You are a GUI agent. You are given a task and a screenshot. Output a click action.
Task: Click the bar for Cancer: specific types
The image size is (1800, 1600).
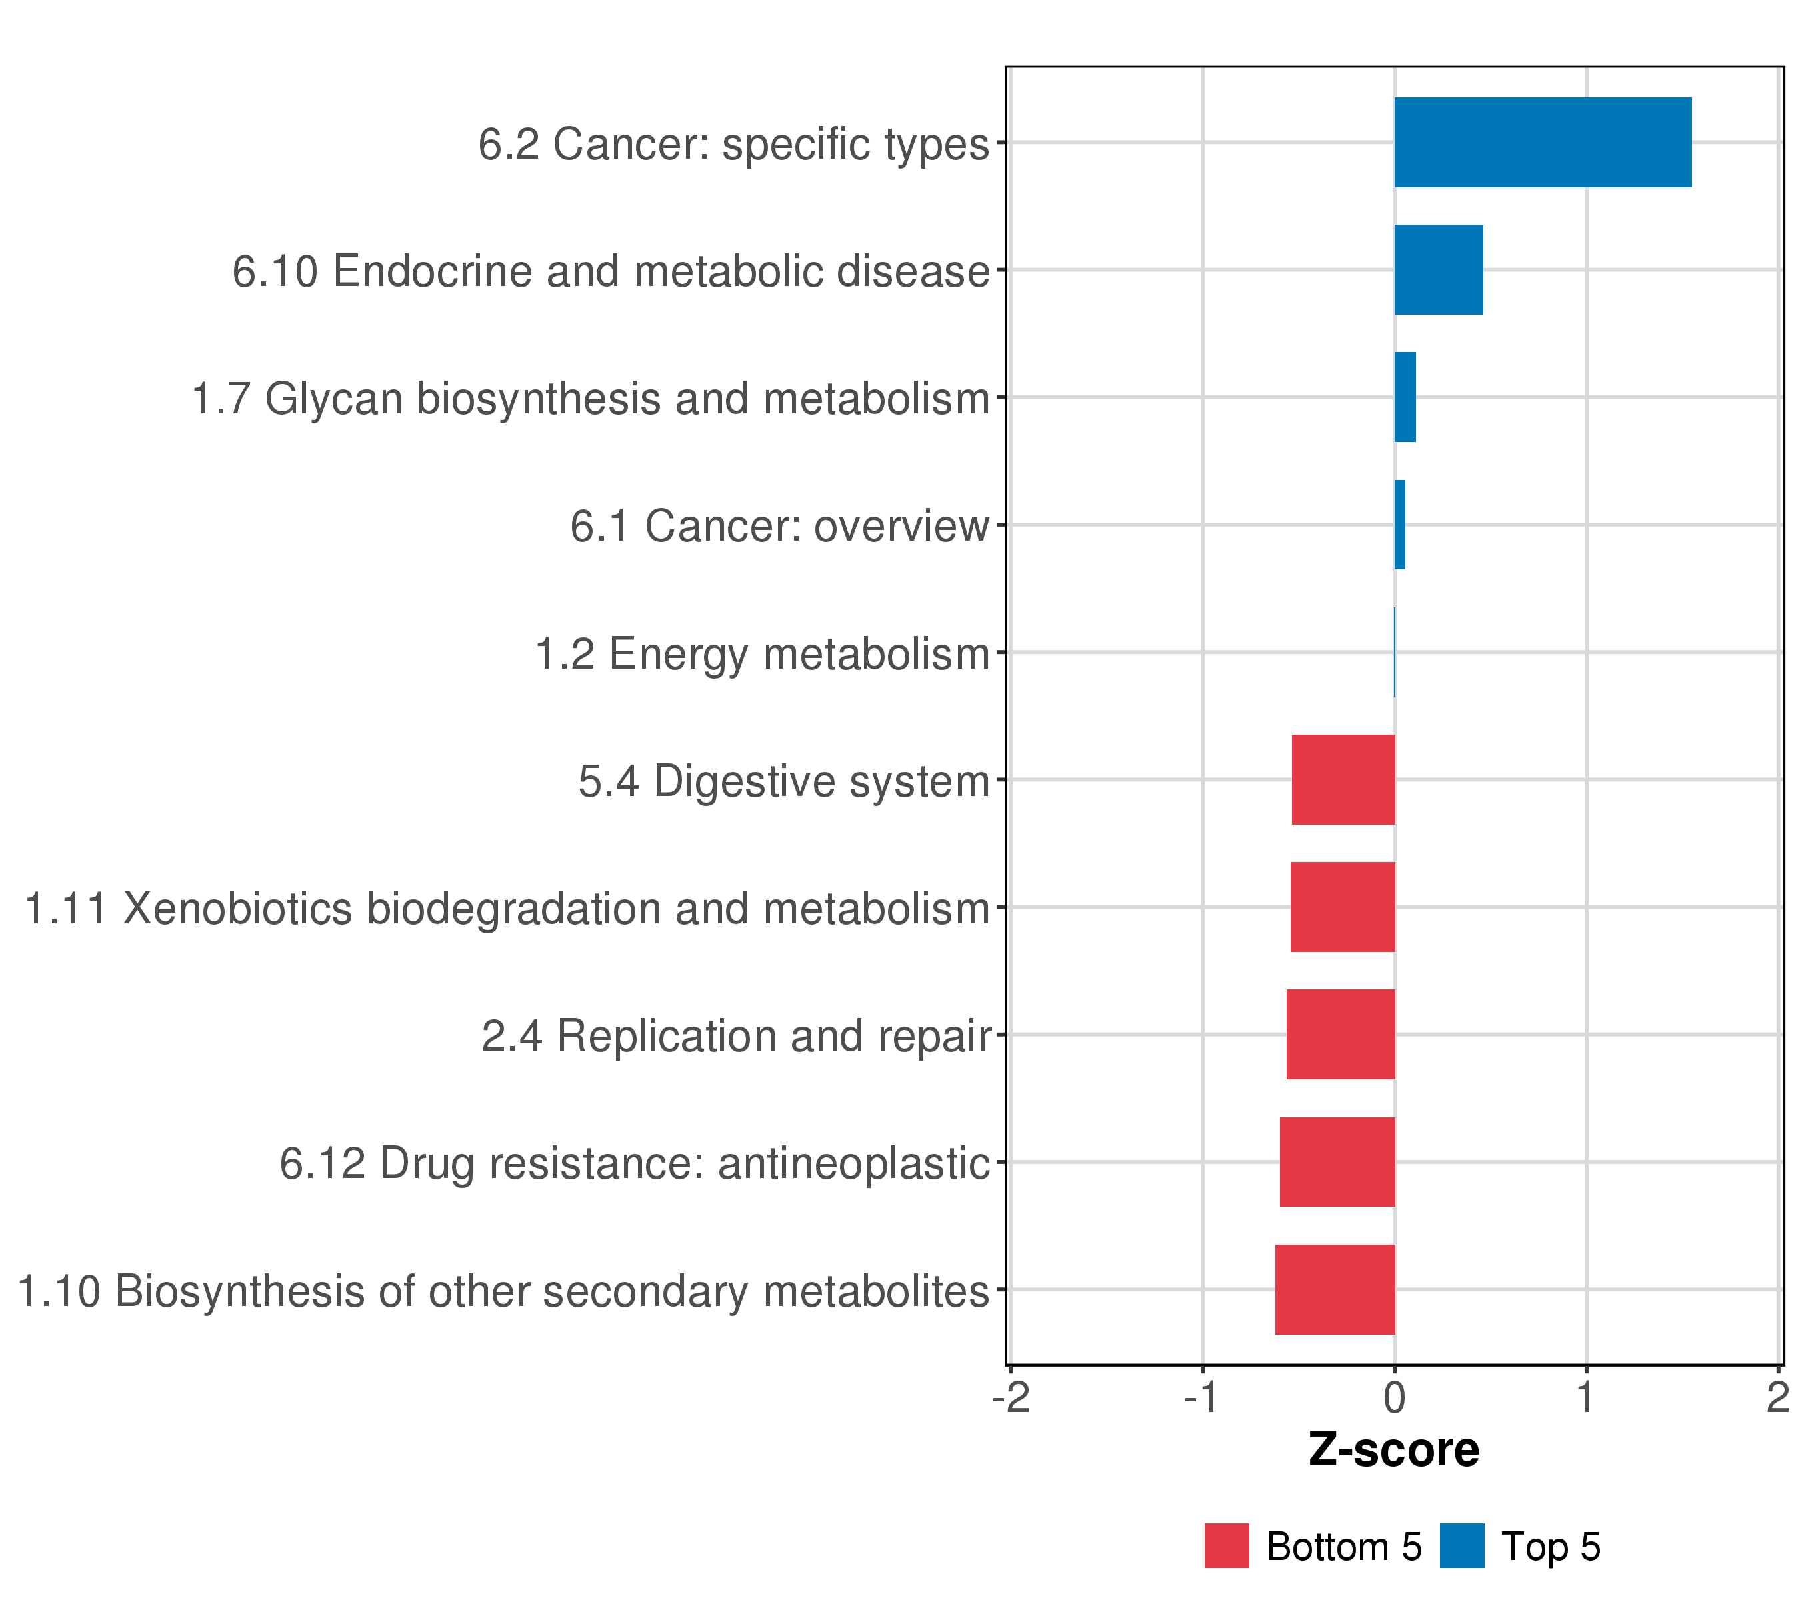click(1542, 143)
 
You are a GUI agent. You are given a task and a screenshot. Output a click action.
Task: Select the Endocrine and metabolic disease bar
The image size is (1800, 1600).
click(1438, 269)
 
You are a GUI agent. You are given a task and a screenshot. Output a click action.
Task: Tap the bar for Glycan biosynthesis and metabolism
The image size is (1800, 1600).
click(1405, 397)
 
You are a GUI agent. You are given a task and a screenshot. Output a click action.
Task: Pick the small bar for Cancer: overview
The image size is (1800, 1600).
click(1399, 525)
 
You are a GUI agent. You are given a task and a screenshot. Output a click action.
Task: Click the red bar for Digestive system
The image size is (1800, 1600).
click(1343, 779)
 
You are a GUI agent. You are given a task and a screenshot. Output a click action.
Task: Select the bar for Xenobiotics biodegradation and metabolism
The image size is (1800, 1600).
click(1342, 907)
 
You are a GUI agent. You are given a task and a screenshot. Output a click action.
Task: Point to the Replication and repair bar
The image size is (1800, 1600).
click(1340, 1035)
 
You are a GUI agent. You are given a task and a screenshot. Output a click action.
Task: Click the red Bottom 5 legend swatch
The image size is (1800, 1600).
click(1227, 1545)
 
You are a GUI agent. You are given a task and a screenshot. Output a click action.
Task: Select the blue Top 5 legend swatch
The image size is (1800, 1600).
click(1462, 1545)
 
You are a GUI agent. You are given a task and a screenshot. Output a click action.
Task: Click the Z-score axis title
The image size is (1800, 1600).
click(1393, 1449)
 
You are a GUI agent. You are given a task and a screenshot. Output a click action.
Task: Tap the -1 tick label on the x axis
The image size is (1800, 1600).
click(1201, 1397)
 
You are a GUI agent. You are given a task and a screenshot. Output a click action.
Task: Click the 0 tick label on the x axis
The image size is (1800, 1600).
click(1394, 1397)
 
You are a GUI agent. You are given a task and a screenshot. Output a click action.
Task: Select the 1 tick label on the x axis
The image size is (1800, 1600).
click(1585, 1397)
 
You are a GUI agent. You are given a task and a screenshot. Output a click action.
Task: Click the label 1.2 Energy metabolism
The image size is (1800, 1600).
click(763, 654)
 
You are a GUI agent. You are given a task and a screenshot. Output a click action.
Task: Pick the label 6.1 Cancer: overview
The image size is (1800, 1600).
click(779, 527)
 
